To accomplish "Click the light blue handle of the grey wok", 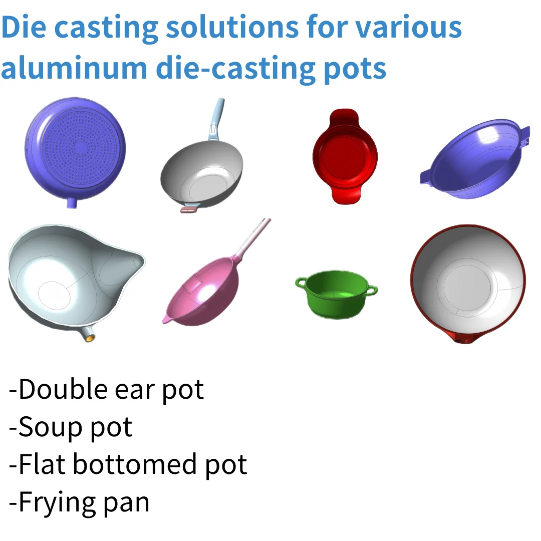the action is coord(216,118).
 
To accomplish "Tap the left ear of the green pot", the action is coord(301,284).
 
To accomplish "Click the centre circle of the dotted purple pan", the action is coord(81,147).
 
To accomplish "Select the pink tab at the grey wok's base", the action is coord(188,210).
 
